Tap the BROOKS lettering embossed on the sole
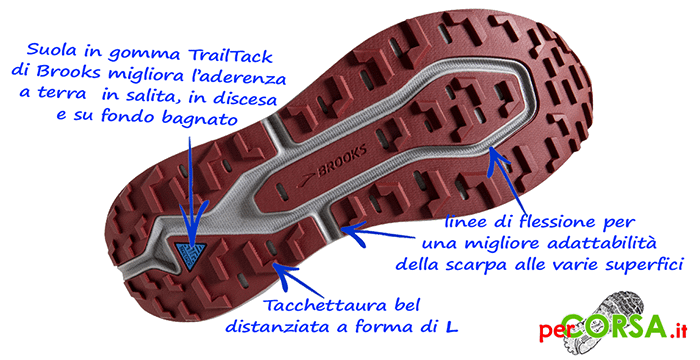[x=342, y=159]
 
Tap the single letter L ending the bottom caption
[x=452, y=327]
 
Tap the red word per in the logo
[x=550, y=331]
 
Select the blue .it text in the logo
[x=677, y=331]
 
